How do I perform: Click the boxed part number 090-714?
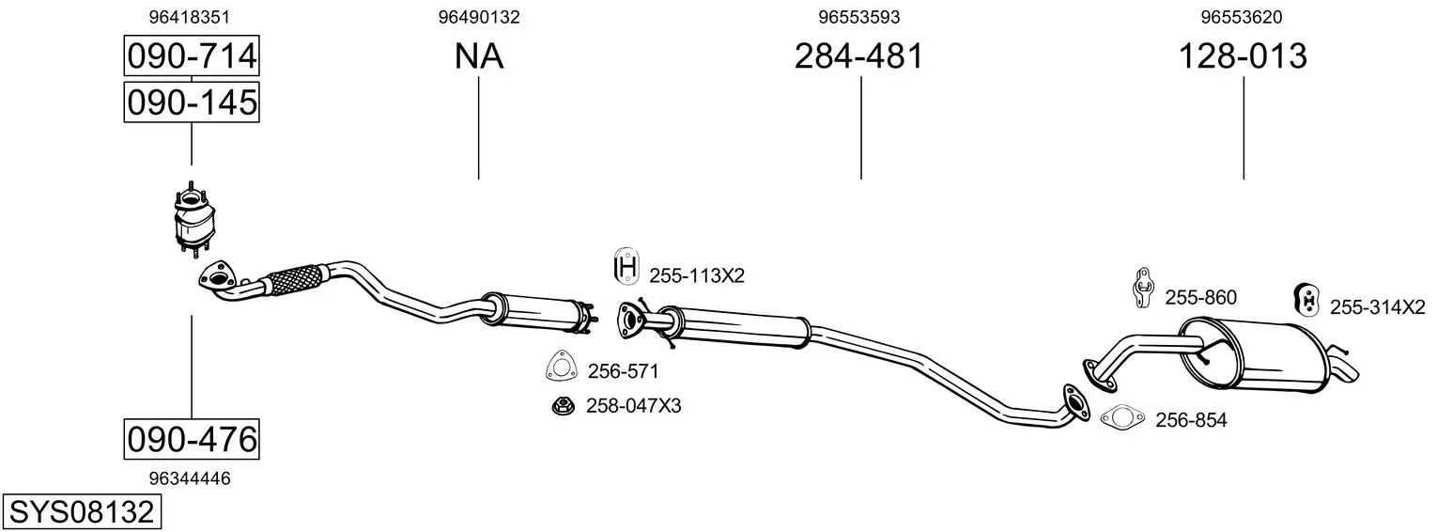192,55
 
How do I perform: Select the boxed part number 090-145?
192,102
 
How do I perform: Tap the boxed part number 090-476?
192,440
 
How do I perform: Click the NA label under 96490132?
479,56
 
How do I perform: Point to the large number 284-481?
858,55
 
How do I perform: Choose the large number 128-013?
1243,55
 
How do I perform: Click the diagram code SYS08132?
82,512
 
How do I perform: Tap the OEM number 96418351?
189,17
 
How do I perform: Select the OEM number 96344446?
189,478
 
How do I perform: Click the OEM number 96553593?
859,17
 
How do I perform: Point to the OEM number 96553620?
1242,17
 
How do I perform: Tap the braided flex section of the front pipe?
293,280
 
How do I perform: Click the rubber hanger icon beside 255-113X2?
626,266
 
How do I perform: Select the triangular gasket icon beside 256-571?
560,367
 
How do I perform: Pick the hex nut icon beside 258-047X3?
563,405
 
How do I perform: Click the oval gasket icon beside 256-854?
1122,418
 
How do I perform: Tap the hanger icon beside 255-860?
1142,288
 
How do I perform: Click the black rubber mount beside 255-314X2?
1305,300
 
